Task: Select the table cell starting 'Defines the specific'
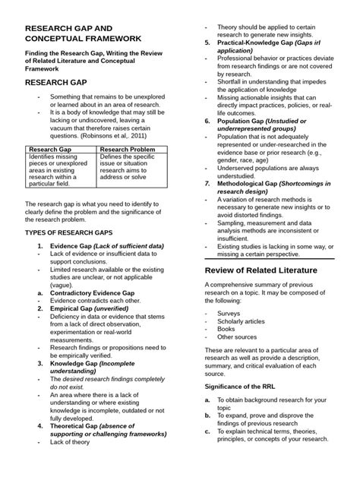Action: pyautogui.click(x=130, y=167)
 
